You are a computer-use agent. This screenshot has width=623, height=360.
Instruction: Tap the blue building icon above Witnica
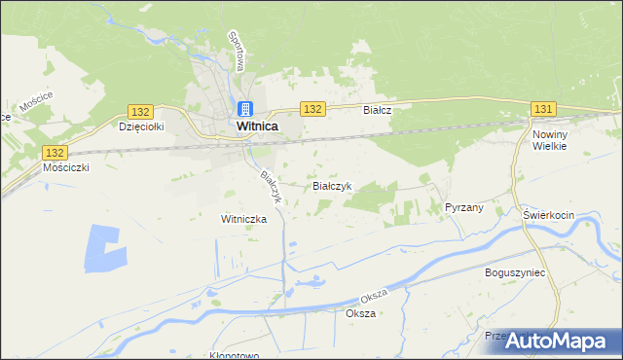(245, 108)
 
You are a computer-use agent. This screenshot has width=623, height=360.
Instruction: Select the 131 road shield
(543, 108)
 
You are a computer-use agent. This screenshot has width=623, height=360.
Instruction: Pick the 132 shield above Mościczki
(55, 153)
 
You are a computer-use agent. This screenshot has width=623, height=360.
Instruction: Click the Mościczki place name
(67, 167)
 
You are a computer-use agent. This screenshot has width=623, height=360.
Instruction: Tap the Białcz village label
(377, 110)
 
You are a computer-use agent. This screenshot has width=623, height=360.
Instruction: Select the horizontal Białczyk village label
(337, 185)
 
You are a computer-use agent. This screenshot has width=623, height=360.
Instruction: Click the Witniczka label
(243, 219)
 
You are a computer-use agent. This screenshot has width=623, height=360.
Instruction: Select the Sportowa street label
(235, 51)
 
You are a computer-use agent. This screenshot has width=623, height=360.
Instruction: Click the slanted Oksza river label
(374, 295)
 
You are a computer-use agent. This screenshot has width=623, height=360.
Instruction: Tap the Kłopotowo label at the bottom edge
(234, 355)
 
